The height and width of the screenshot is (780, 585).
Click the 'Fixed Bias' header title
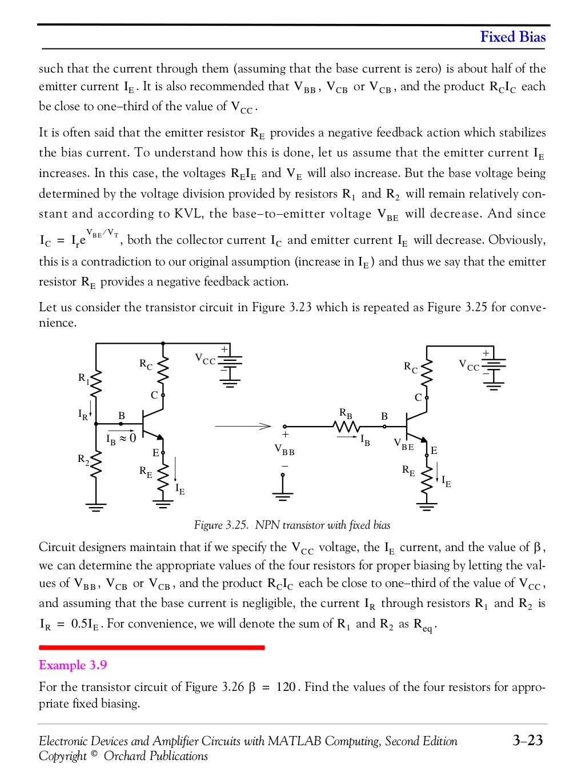512,38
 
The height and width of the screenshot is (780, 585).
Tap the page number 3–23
527,741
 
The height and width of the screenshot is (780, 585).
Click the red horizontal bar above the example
151,648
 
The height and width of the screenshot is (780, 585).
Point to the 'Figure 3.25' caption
292,525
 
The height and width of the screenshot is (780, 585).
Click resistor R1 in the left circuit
96,381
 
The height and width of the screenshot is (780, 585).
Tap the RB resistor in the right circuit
346,426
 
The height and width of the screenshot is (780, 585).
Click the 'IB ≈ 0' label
121,439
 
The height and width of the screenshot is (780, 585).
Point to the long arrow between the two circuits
242,426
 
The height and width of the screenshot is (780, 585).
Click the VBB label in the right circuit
285,451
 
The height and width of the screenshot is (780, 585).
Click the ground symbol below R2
96,505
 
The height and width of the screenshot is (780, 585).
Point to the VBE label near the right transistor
403,444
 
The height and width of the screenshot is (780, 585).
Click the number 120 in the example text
285,686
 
